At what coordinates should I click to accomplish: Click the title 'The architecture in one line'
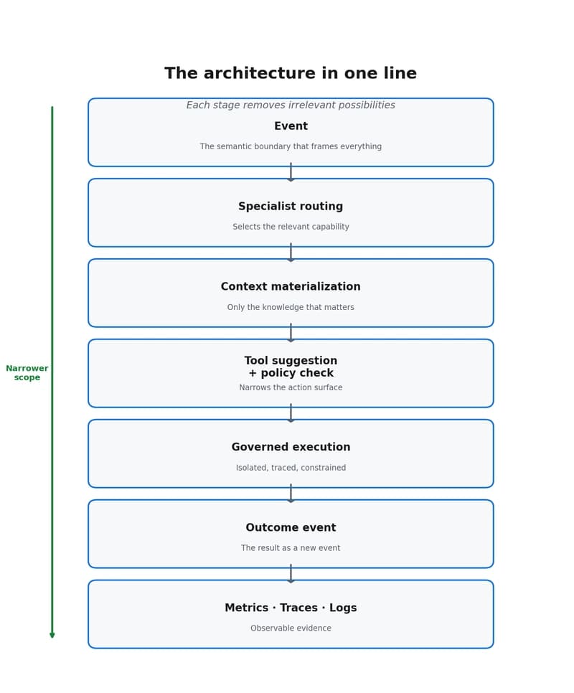291,74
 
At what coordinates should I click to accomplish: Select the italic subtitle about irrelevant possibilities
291,105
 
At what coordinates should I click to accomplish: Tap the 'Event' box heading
291,126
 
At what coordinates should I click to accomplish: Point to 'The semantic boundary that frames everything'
291,146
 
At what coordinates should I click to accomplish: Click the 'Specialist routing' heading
291,207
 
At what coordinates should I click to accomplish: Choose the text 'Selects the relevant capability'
291,227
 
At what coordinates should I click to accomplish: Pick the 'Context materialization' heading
291,287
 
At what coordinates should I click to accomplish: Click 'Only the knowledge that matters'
291,307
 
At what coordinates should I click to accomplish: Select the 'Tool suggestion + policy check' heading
291,367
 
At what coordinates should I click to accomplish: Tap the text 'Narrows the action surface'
291,387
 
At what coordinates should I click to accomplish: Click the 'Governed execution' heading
291,447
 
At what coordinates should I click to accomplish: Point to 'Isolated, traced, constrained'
291,468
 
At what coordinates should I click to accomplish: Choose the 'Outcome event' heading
291,528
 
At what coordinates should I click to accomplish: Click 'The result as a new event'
291,548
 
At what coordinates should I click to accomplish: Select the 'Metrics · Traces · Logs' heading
291,608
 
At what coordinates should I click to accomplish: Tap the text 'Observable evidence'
291,628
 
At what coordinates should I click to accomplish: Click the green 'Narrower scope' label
27,373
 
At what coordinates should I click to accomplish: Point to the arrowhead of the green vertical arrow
52,635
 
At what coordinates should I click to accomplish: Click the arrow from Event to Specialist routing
291,173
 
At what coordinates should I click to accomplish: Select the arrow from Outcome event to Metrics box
291,574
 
